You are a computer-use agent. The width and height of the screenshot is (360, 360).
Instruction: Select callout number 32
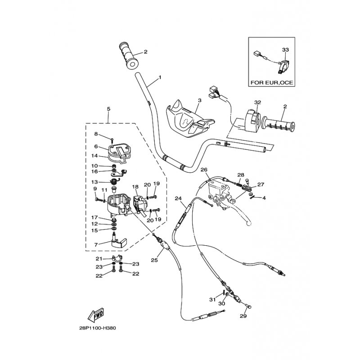[x=258, y=102]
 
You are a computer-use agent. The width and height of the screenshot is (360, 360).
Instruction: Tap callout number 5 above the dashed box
[x=108, y=108]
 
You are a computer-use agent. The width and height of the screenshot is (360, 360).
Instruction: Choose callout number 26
[x=203, y=170]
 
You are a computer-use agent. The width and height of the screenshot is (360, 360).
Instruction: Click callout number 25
[x=154, y=260]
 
